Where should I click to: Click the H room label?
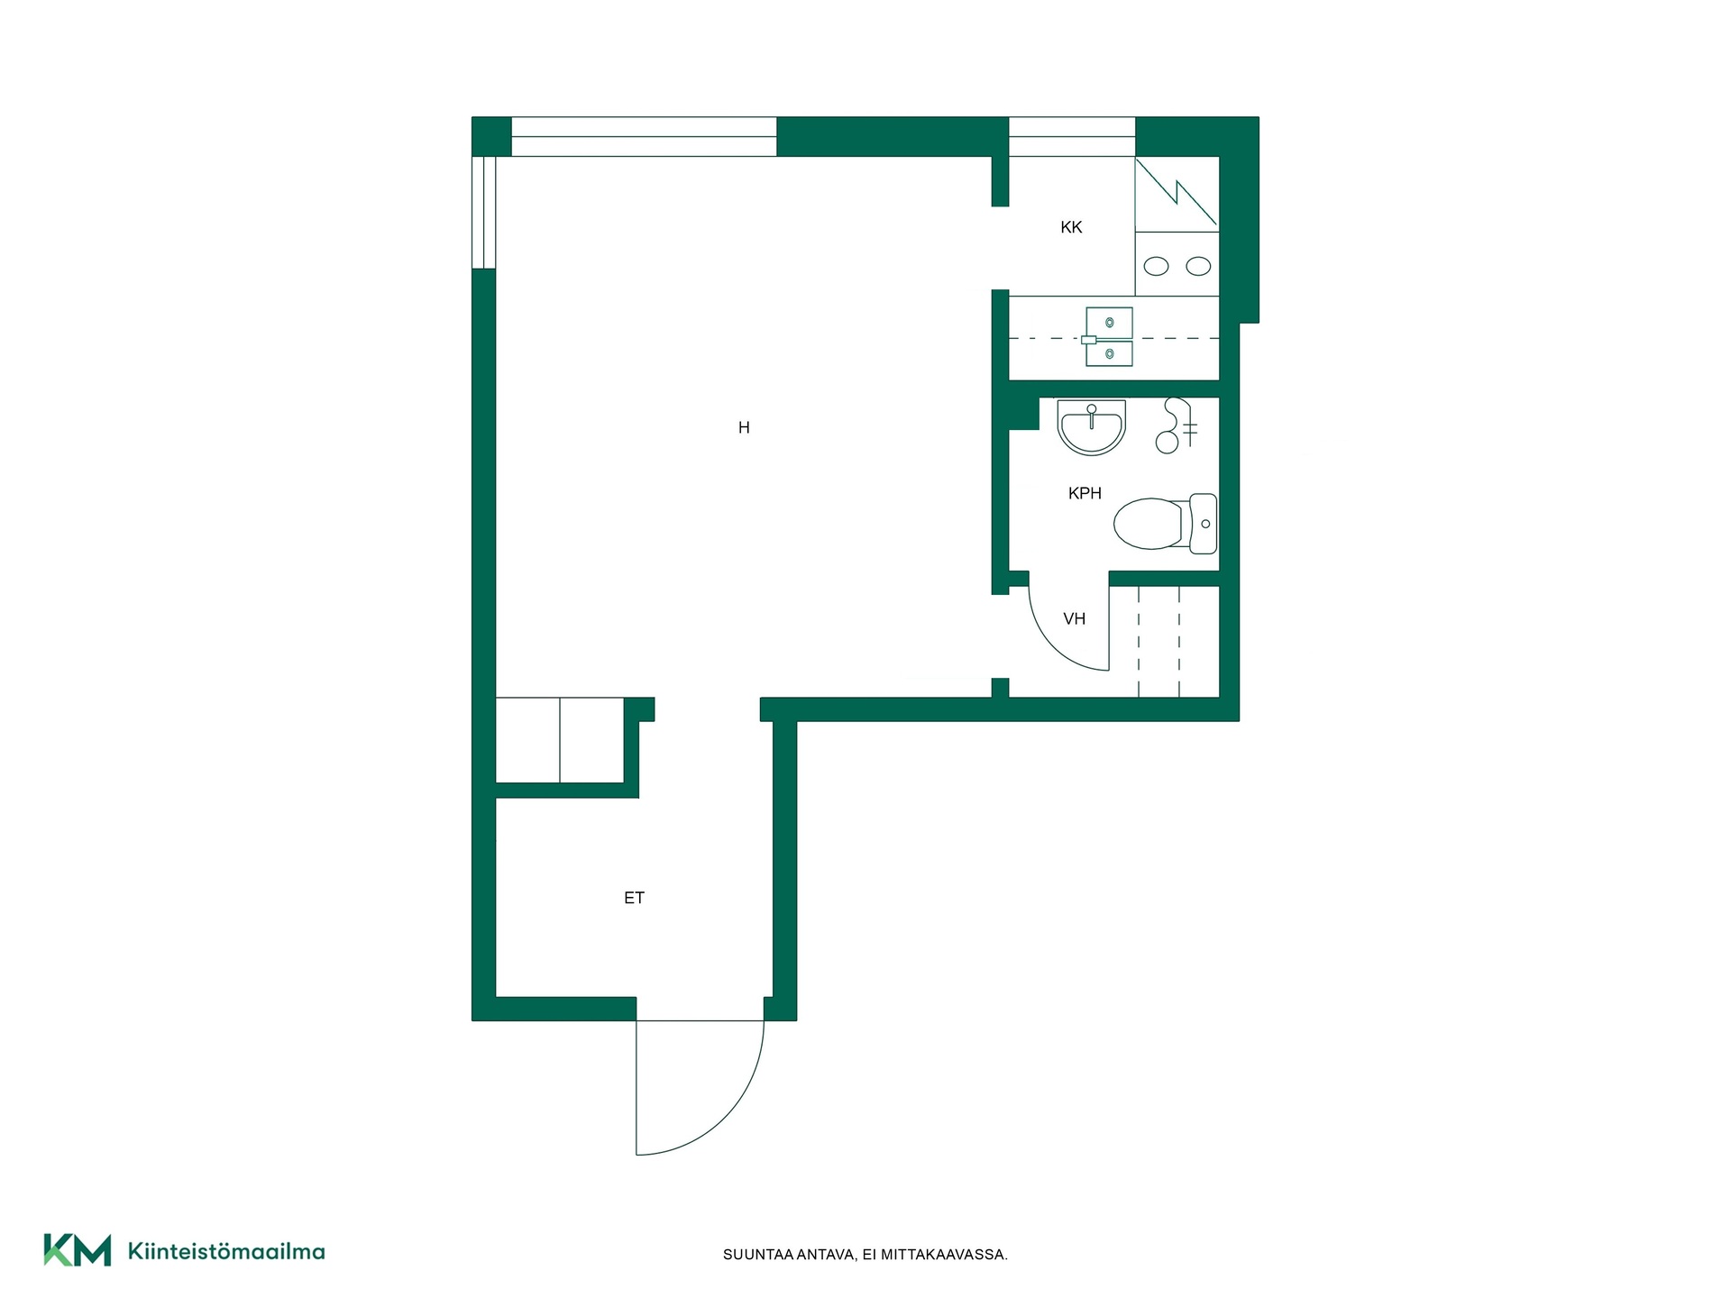744,427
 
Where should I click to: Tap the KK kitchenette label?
1071,227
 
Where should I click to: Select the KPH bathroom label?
1085,493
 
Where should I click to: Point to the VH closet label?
1074,618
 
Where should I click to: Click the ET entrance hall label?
634,898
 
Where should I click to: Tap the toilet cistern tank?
1204,523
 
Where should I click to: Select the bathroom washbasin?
1092,426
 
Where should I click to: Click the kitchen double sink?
1109,337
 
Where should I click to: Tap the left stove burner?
1156,266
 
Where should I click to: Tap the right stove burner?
1198,266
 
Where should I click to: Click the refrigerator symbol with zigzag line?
1177,193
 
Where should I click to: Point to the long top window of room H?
644,137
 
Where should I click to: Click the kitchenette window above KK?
1072,137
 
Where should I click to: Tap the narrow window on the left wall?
484,213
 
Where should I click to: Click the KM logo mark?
78,1250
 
